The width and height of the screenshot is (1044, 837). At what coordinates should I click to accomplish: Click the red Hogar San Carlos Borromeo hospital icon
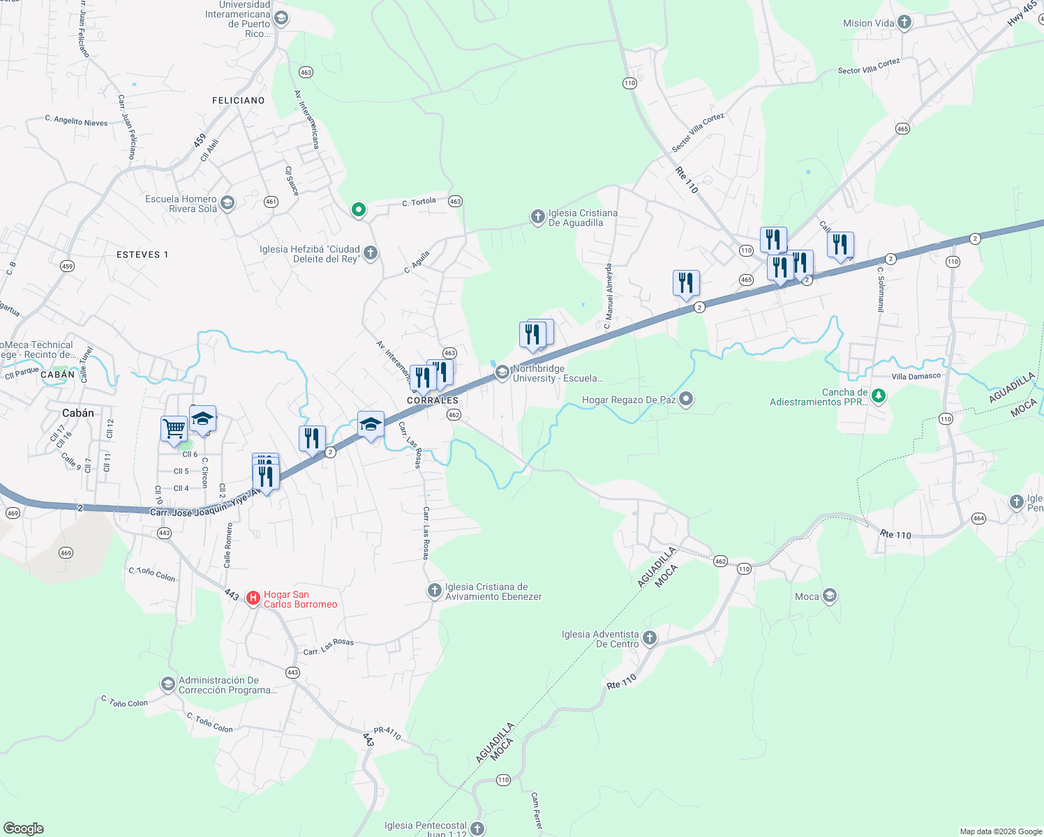point(253,598)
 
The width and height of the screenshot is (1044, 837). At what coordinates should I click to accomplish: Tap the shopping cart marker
point(174,429)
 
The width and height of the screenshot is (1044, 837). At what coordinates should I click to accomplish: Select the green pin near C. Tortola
point(359,209)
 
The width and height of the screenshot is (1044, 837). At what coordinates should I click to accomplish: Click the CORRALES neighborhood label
point(433,400)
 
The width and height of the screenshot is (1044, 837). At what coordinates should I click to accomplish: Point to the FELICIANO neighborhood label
point(239,100)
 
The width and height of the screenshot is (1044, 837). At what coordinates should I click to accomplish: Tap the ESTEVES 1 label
point(142,255)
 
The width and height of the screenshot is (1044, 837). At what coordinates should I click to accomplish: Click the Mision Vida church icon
point(904,22)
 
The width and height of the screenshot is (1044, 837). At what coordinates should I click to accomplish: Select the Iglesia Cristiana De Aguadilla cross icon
point(537,217)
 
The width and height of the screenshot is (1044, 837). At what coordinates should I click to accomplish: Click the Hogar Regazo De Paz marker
point(686,399)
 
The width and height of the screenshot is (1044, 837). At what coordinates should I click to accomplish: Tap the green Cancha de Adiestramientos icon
point(879,396)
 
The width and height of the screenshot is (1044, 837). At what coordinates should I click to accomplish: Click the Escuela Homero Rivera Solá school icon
point(228,203)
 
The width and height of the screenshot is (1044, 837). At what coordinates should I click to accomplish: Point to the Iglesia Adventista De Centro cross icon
point(649,638)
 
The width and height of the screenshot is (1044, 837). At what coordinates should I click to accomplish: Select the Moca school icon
point(829,596)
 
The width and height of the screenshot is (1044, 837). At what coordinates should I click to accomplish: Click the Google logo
point(23,828)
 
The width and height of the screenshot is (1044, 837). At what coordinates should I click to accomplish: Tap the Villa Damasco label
point(916,377)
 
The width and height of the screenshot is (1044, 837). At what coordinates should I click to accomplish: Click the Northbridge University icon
point(502,373)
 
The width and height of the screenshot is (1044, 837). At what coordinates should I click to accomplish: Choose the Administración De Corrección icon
point(167,684)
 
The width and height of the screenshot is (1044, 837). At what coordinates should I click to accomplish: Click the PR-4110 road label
point(387,733)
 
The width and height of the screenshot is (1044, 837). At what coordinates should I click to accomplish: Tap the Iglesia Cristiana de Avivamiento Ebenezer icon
point(435,591)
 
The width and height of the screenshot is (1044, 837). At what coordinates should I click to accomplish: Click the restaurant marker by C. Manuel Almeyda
point(686,283)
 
